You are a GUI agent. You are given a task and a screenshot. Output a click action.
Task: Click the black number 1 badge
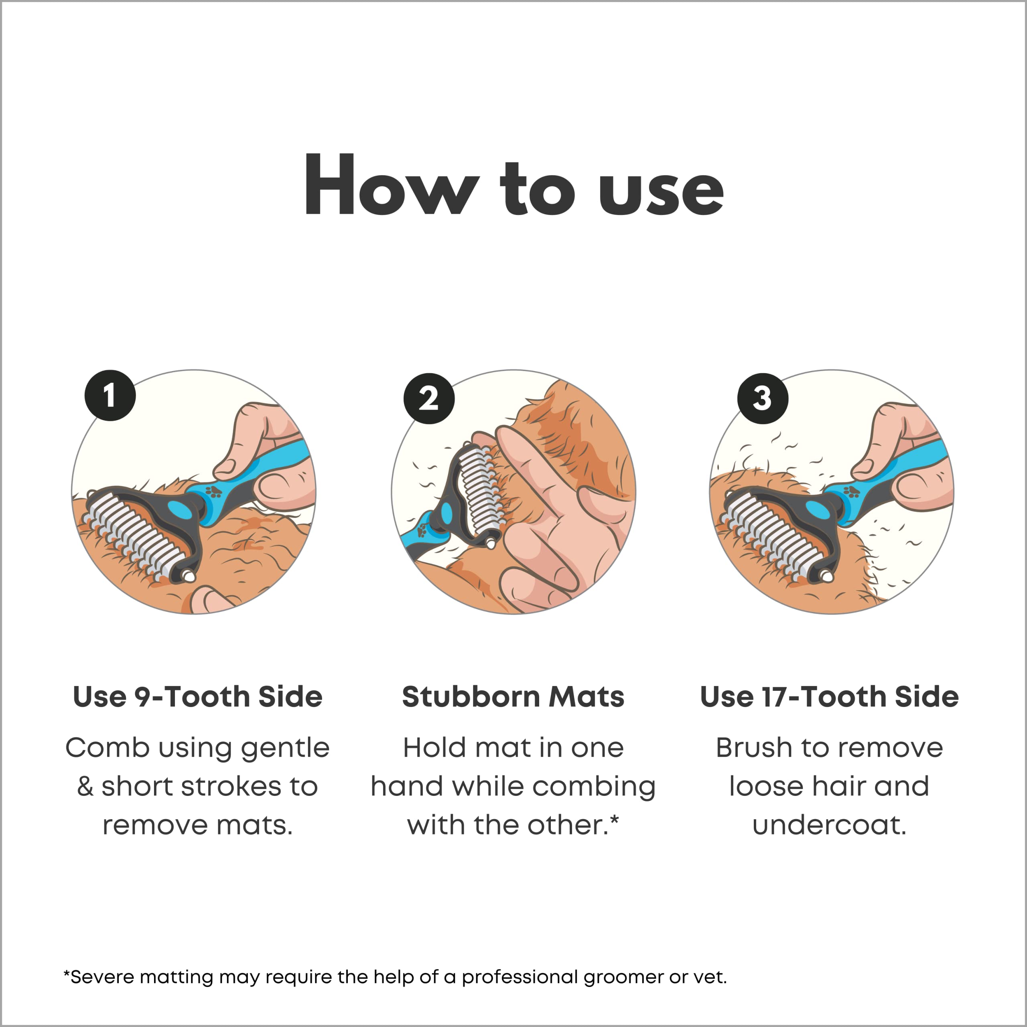(110, 396)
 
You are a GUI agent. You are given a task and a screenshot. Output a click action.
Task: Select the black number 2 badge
(429, 398)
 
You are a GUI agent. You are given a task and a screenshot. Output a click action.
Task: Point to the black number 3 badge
(763, 398)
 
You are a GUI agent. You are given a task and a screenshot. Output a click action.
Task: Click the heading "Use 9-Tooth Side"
(198, 696)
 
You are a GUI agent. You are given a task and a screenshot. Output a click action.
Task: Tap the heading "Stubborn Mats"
(513, 696)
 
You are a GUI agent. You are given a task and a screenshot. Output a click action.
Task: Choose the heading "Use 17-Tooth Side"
(829, 696)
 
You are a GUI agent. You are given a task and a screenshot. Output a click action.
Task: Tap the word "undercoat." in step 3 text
(829, 825)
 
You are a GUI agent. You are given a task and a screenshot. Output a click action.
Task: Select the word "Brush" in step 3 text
(754, 747)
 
